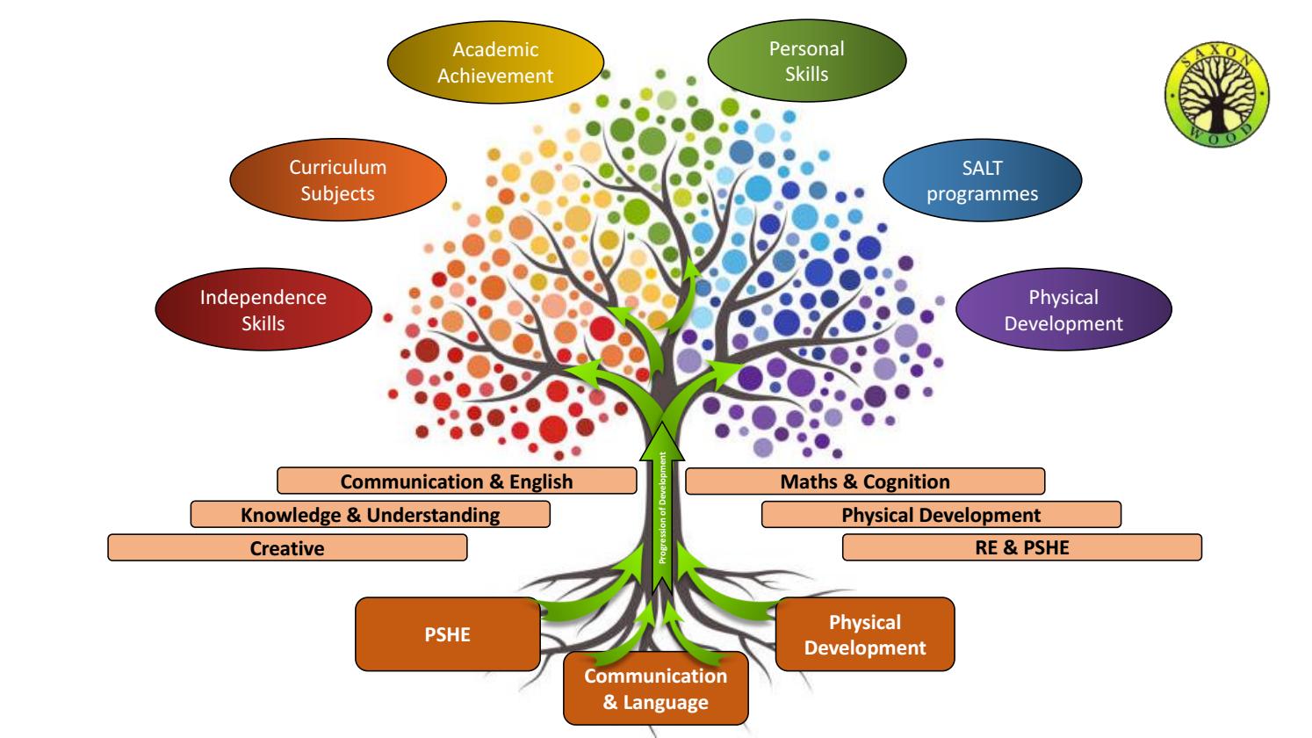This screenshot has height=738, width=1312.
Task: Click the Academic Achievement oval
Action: [x=496, y=62]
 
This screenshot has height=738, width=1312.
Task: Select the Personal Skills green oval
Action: [x=806, y=61]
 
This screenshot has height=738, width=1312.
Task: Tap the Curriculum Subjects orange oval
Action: [x=337, y=180]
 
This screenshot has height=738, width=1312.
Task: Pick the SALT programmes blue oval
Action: [x=982, y=181]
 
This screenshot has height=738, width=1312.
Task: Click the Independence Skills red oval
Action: [x=263, y=310]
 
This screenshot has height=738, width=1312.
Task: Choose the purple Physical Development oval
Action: [x=1063, y=310]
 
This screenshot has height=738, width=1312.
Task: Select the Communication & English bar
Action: [x=456, y=481]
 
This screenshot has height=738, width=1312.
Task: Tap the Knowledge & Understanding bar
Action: [x=370, y=515]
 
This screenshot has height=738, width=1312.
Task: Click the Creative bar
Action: [x=287, y=548]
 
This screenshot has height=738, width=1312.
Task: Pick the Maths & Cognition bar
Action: [x=865, y=481]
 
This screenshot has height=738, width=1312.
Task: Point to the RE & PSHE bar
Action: [x=1021, y=548]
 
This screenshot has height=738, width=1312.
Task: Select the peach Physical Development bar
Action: [x=941, y=515]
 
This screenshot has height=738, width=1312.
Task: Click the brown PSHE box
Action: [x=448, y=634]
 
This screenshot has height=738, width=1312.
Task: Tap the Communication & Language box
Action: [x=655, y=689]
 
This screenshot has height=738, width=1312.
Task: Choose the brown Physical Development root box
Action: [x=865, y=634]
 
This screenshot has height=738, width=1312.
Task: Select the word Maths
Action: [x=804, y=481]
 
